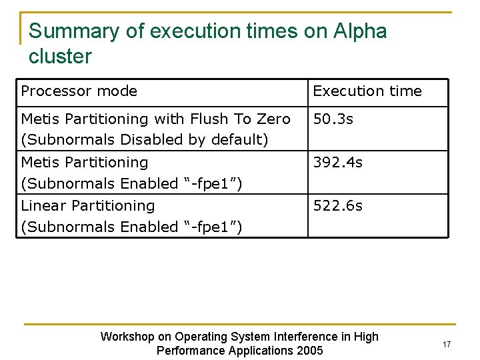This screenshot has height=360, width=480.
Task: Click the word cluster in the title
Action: (x=60, y=56)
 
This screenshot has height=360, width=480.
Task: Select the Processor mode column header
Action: (x=79, y=91)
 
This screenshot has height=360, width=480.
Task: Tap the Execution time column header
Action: (x=367, y=91)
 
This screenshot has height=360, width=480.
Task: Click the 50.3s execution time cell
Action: (x=334, y=119)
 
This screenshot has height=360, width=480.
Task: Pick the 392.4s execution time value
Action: (x=338, y=162)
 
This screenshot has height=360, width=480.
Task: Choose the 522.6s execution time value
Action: (x=338, y=205)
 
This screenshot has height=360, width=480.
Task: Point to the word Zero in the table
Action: (x=273, y=119)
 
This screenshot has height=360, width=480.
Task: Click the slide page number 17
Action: (x=446, y=344)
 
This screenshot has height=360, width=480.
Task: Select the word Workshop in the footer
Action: (x=127, y=337)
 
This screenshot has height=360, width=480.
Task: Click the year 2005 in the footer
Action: (x=309, y=351)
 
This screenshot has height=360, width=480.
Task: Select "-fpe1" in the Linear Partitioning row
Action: (x=212, y=227)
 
